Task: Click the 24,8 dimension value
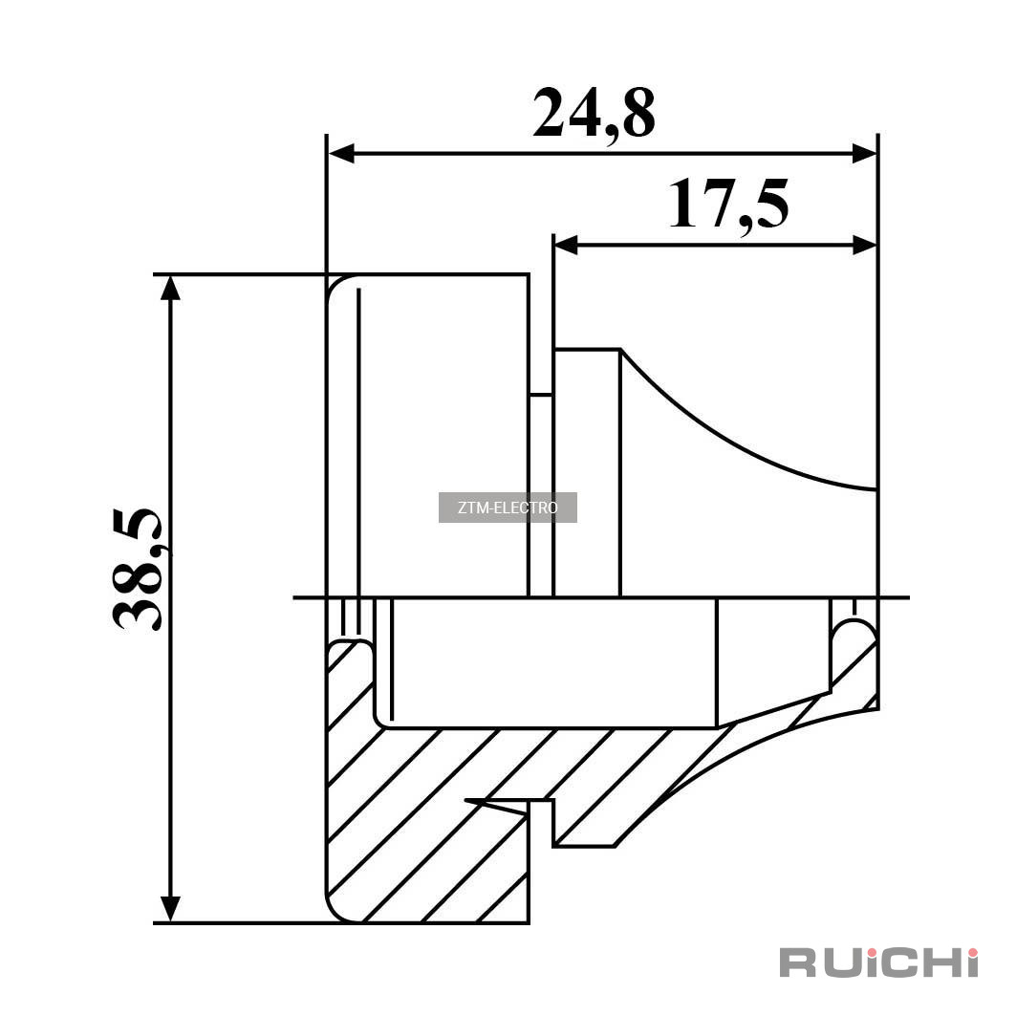[x=594, y=114]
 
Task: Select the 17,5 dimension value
[x=729, y=205]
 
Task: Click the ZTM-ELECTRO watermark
[x=508, y=508]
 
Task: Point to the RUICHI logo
[x=878, y=962]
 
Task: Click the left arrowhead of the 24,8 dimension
[x=342, y=154]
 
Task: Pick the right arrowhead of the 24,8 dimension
[x=864, y=154]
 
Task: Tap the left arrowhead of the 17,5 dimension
[x=566, y=245]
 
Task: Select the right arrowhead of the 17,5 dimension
[x=864, y=245]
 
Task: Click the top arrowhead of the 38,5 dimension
[x=170, y=289]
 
